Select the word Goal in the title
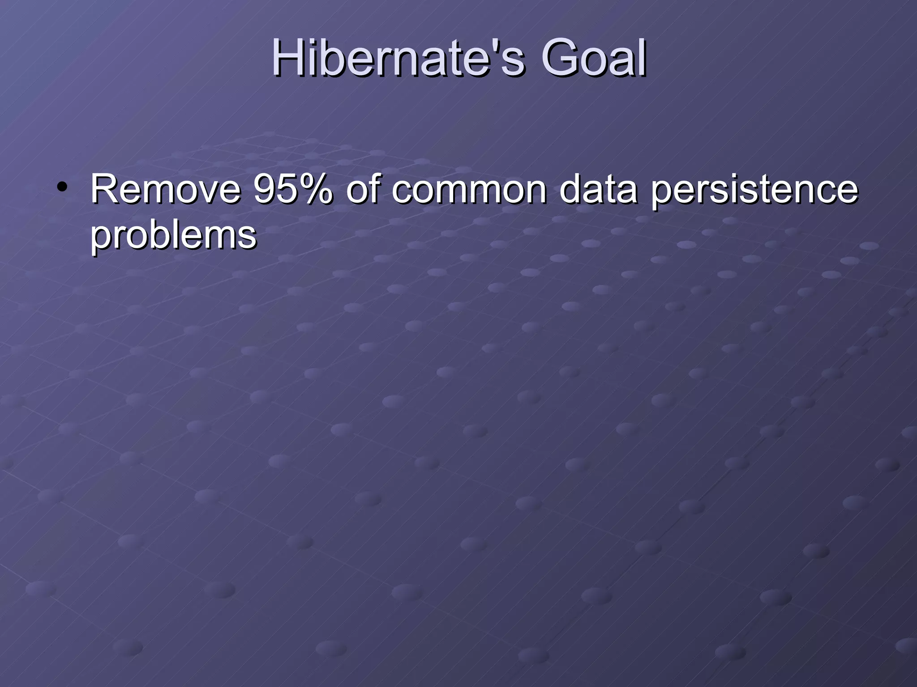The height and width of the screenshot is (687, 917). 593,58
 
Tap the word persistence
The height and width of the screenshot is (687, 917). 754,190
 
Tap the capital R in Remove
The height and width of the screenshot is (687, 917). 103,189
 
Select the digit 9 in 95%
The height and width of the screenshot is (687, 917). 264,189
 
